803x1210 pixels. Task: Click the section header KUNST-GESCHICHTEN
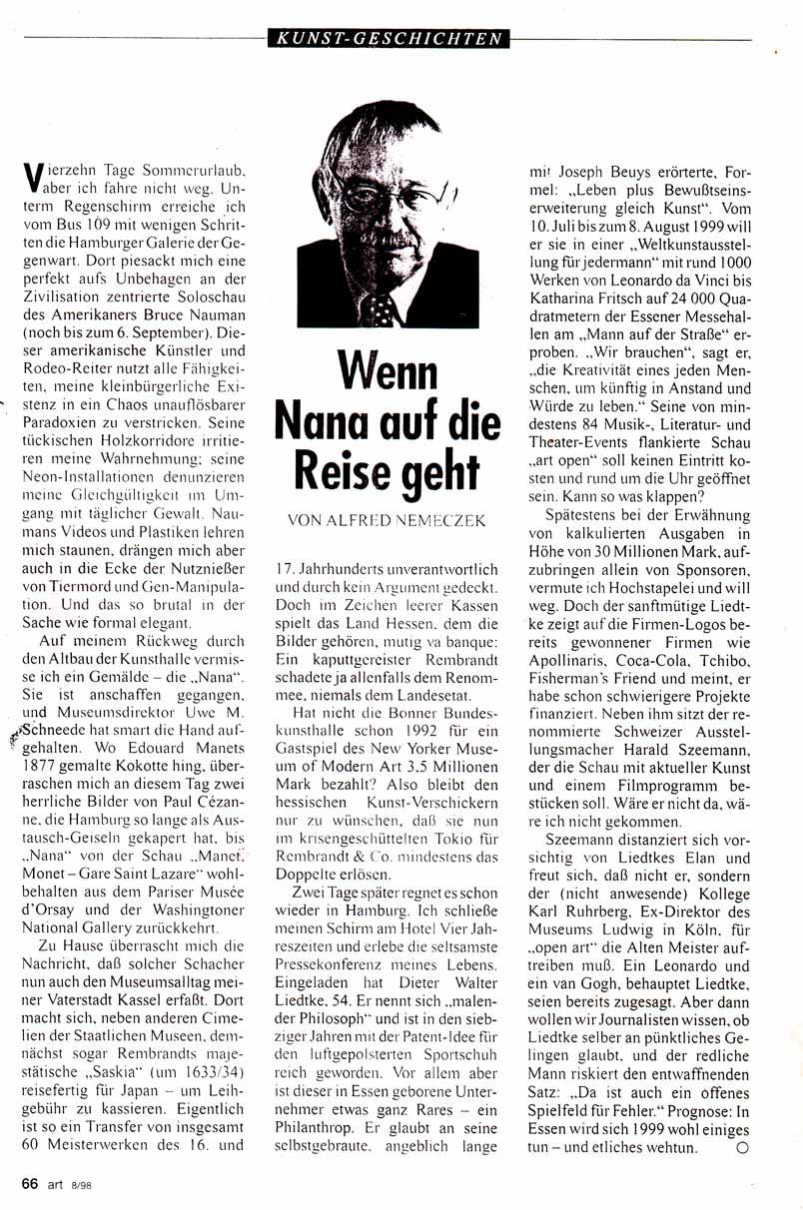click(x=389, y=40)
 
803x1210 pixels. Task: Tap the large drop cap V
click(x=31, y=179)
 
